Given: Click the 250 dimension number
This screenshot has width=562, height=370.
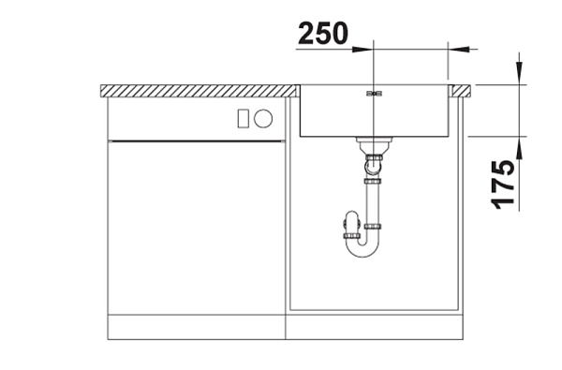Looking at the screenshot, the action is (x=322, y=33).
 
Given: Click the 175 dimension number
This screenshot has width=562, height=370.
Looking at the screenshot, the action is (x=502, y=185).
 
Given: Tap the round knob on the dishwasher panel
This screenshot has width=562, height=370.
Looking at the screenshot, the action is (x=263, y=118).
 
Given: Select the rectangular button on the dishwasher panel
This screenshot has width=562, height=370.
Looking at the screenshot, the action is (x=243, y=118).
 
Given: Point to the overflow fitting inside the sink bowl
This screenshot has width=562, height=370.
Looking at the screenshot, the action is (x=374, y=94).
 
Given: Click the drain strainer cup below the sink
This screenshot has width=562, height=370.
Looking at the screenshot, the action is (x=373, y=145).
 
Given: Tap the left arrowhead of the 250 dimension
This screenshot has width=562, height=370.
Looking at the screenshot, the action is (x=362, y=49).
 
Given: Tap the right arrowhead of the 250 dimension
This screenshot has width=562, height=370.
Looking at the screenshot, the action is (x=458, y=49).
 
